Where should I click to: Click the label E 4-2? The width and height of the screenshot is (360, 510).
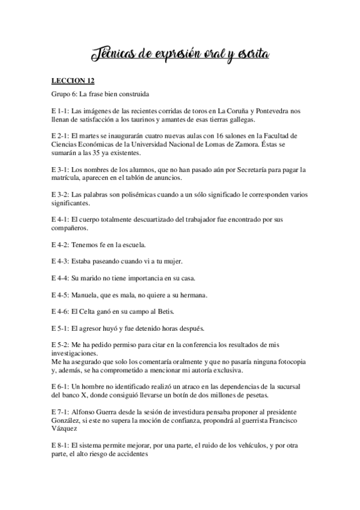[59, 245]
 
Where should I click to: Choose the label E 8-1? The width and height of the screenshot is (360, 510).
[59, 445]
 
